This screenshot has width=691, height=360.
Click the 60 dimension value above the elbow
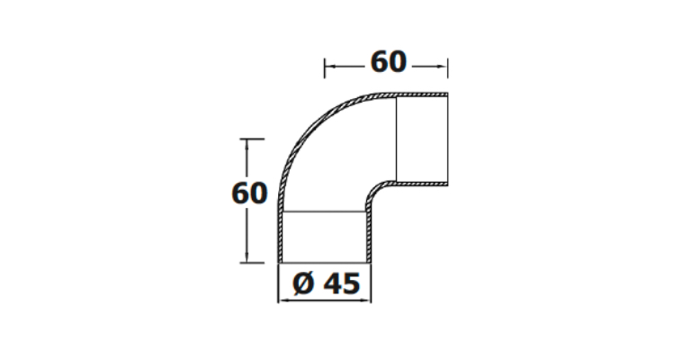tap(389, 62)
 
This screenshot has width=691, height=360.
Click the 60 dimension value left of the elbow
tap(249, 193)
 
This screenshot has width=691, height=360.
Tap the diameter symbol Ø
tap(303, 283)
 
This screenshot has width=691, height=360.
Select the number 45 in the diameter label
tap(342, 283)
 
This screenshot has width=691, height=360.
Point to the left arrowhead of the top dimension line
tap(328, 67)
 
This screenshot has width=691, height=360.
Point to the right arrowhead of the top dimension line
tap(444, 67)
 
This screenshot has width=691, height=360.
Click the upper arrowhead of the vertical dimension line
tap(247, 144)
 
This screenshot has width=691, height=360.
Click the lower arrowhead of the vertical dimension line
tap(247, 258)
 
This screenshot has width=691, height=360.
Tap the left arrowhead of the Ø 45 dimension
tap(283, 300)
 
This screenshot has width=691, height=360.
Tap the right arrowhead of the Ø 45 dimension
tap(367, 300)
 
